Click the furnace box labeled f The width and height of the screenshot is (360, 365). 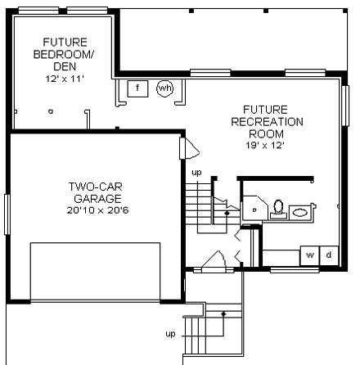137,88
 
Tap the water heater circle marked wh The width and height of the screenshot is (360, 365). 165,88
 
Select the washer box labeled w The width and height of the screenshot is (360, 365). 310,255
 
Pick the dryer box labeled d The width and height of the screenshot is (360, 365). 329,255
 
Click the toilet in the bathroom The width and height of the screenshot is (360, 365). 278,210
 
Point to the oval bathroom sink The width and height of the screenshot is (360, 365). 299,212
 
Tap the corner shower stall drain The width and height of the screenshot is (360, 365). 254,210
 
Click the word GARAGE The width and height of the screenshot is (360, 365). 97,199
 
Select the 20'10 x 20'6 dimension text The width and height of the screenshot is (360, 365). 97,210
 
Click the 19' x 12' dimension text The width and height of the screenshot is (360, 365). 265,146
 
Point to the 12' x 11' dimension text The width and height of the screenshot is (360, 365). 65,79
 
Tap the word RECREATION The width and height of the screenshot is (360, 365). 267,122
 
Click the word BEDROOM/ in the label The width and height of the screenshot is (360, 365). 63,55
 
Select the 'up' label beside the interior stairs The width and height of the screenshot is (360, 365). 196,173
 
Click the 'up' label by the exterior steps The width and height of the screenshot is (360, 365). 170,334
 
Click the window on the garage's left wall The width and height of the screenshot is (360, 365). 7,214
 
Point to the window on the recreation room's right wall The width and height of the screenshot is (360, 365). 345,106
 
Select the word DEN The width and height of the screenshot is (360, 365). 65,66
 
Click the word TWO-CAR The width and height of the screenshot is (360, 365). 96,187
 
